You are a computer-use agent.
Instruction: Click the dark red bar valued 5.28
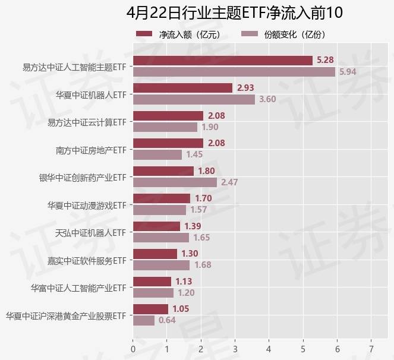222,61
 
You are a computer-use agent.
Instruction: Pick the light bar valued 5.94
234,72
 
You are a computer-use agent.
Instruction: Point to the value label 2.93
245,88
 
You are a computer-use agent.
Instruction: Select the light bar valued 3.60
194,99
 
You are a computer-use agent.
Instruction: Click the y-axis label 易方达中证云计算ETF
87,122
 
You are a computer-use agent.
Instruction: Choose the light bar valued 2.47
175,182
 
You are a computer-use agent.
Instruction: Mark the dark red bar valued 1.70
162,198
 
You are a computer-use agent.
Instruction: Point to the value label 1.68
203,265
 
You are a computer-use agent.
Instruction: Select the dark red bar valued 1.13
152,282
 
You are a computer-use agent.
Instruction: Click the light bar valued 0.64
144,320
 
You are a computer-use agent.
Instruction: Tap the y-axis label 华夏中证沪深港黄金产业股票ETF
66,315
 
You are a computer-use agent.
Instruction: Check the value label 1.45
195,154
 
